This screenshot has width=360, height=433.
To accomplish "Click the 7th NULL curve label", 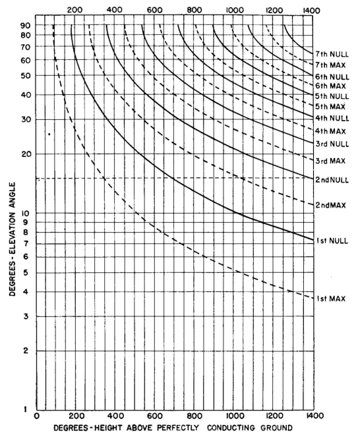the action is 332,54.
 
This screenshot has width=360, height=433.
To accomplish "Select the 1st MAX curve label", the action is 331,299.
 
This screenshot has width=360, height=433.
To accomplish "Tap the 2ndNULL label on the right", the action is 332,180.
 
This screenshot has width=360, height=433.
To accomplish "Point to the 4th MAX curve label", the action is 331,131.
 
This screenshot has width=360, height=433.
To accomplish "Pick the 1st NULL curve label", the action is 332,241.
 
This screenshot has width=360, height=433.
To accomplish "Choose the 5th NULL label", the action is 332,96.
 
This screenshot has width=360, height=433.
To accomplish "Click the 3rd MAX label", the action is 330,161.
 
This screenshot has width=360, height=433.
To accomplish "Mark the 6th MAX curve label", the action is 331,86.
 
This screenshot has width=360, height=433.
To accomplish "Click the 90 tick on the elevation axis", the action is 25,26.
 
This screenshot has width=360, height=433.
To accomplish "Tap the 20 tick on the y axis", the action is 26,154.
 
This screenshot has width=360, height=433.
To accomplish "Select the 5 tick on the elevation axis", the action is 26,273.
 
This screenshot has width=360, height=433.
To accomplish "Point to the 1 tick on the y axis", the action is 26,409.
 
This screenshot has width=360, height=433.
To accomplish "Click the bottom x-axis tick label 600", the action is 155,416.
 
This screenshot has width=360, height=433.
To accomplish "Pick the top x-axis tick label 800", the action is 195,11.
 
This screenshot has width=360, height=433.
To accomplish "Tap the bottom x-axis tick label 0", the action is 37,416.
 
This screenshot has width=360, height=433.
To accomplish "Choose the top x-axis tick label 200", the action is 75,11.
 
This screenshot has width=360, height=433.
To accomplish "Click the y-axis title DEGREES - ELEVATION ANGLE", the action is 13,239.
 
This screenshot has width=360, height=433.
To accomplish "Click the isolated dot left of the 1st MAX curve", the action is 49,134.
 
